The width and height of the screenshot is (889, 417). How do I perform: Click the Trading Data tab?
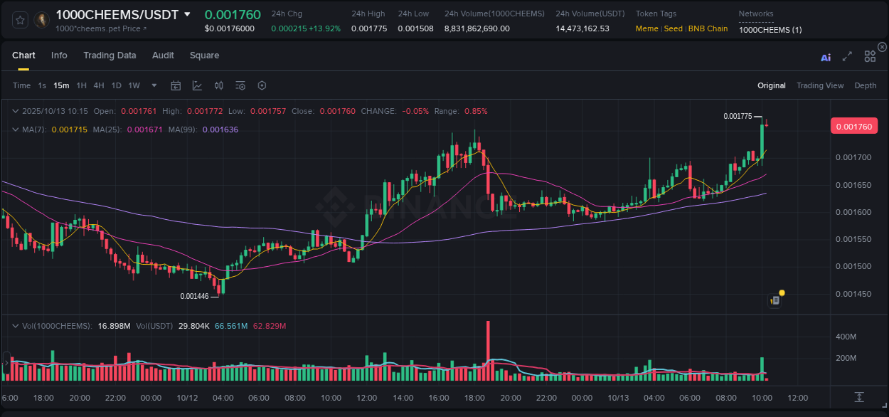[x=110, y=56]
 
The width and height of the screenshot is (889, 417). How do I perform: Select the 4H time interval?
[x=99, y=85]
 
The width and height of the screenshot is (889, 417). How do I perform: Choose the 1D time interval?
[x=116, y=85]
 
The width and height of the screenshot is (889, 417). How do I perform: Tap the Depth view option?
[x=865, y=85]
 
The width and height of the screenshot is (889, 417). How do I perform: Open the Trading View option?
[x=819, y=85]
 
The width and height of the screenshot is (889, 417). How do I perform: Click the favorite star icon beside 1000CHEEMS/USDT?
[x=21, y=20]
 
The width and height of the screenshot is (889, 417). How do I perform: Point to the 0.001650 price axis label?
[x=852, y=185]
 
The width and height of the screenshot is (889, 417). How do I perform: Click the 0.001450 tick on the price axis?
[x=852, y=294]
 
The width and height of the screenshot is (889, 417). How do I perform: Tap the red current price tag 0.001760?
[x=854, y=127]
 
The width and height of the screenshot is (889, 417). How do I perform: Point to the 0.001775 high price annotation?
[x=737, y=116]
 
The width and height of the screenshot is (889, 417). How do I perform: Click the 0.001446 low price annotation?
[x=194, y=296]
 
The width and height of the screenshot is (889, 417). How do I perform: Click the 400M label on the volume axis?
[x=846, y=336]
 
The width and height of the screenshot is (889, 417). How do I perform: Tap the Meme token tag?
[x=646, y=28]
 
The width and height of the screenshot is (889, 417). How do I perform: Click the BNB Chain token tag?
[x=708, y=28]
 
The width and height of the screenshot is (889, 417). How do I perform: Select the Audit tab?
[x=163, y=56]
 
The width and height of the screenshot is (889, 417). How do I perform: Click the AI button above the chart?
[x=826, y=58]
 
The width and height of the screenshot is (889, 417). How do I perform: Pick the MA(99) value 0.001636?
[x=220, y=130]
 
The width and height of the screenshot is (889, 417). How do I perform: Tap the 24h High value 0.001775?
[x=366, y=28]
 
